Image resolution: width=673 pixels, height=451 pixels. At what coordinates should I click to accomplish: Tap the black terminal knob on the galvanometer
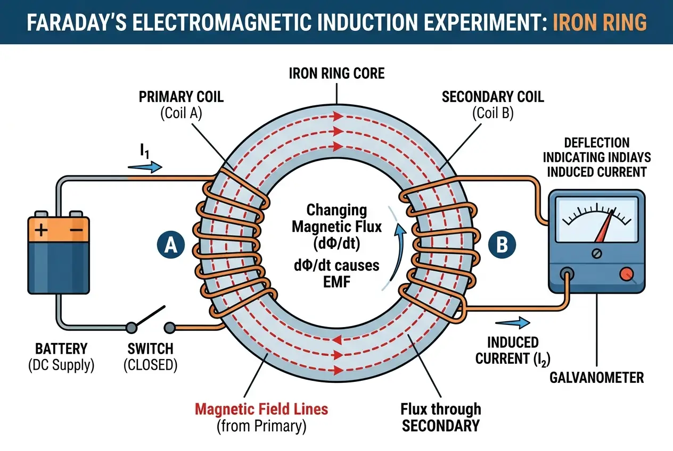[568, 274]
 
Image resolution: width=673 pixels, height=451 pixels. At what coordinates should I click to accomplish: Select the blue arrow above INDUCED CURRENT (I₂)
[513, 322]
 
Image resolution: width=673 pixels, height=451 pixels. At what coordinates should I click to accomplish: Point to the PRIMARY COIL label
[181, 97]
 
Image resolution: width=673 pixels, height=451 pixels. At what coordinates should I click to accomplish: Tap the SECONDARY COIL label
[493, 97]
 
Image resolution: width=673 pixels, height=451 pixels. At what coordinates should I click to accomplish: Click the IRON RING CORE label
[336, 73]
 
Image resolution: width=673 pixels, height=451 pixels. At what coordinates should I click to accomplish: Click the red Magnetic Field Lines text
[261, 410]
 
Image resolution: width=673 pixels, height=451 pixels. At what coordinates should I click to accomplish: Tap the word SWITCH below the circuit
[151, 349]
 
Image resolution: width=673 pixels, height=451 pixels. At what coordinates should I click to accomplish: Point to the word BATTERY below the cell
[61, 349]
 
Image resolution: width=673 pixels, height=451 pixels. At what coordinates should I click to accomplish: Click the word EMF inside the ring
[336, 281]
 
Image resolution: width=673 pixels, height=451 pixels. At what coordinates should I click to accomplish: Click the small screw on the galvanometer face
[597, 253]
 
